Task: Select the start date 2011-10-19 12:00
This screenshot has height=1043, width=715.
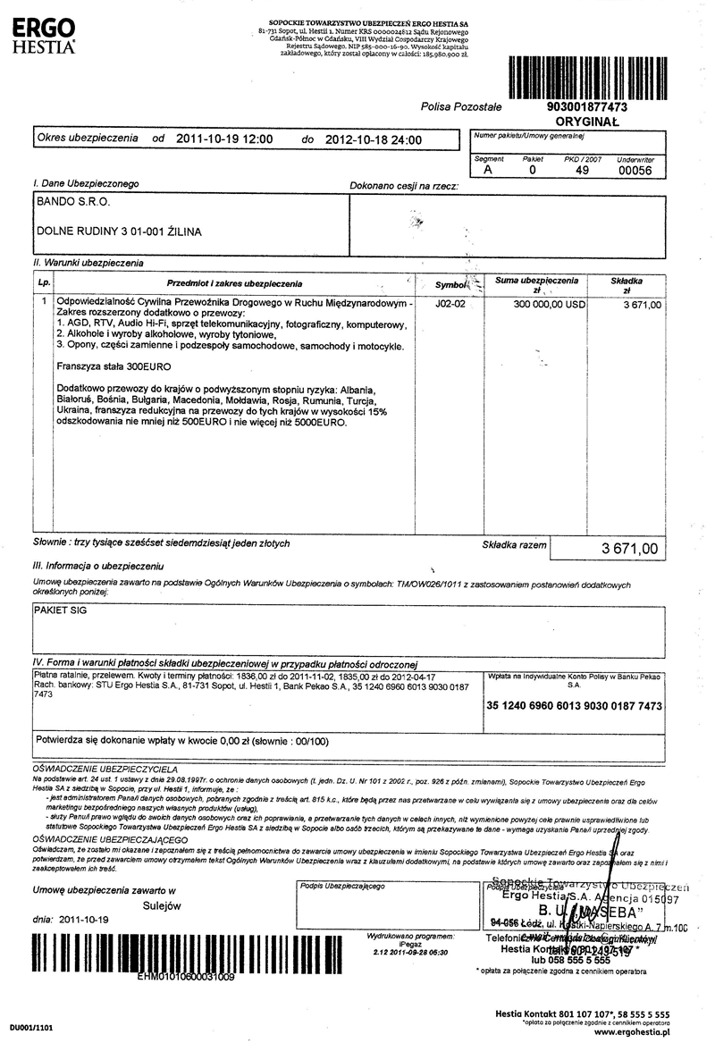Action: pos(224,139)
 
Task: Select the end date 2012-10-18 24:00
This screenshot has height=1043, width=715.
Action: pos(374,139)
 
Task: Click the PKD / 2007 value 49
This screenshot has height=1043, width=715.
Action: pos(583,169)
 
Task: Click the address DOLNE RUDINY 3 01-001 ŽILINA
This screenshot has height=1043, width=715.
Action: pos(119,231)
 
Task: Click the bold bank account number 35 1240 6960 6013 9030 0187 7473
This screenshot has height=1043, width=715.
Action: pos(574,705)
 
